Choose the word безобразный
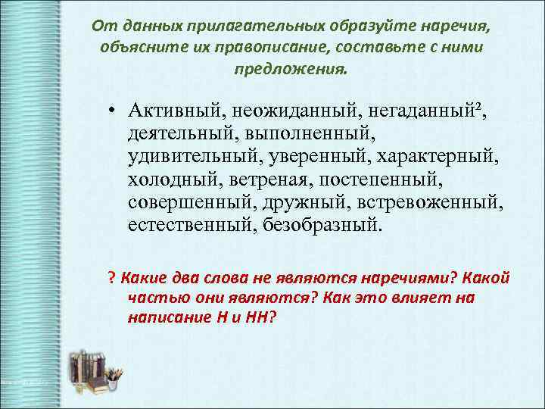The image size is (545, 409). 323,226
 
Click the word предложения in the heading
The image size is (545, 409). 291,67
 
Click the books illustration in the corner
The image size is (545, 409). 95,371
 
